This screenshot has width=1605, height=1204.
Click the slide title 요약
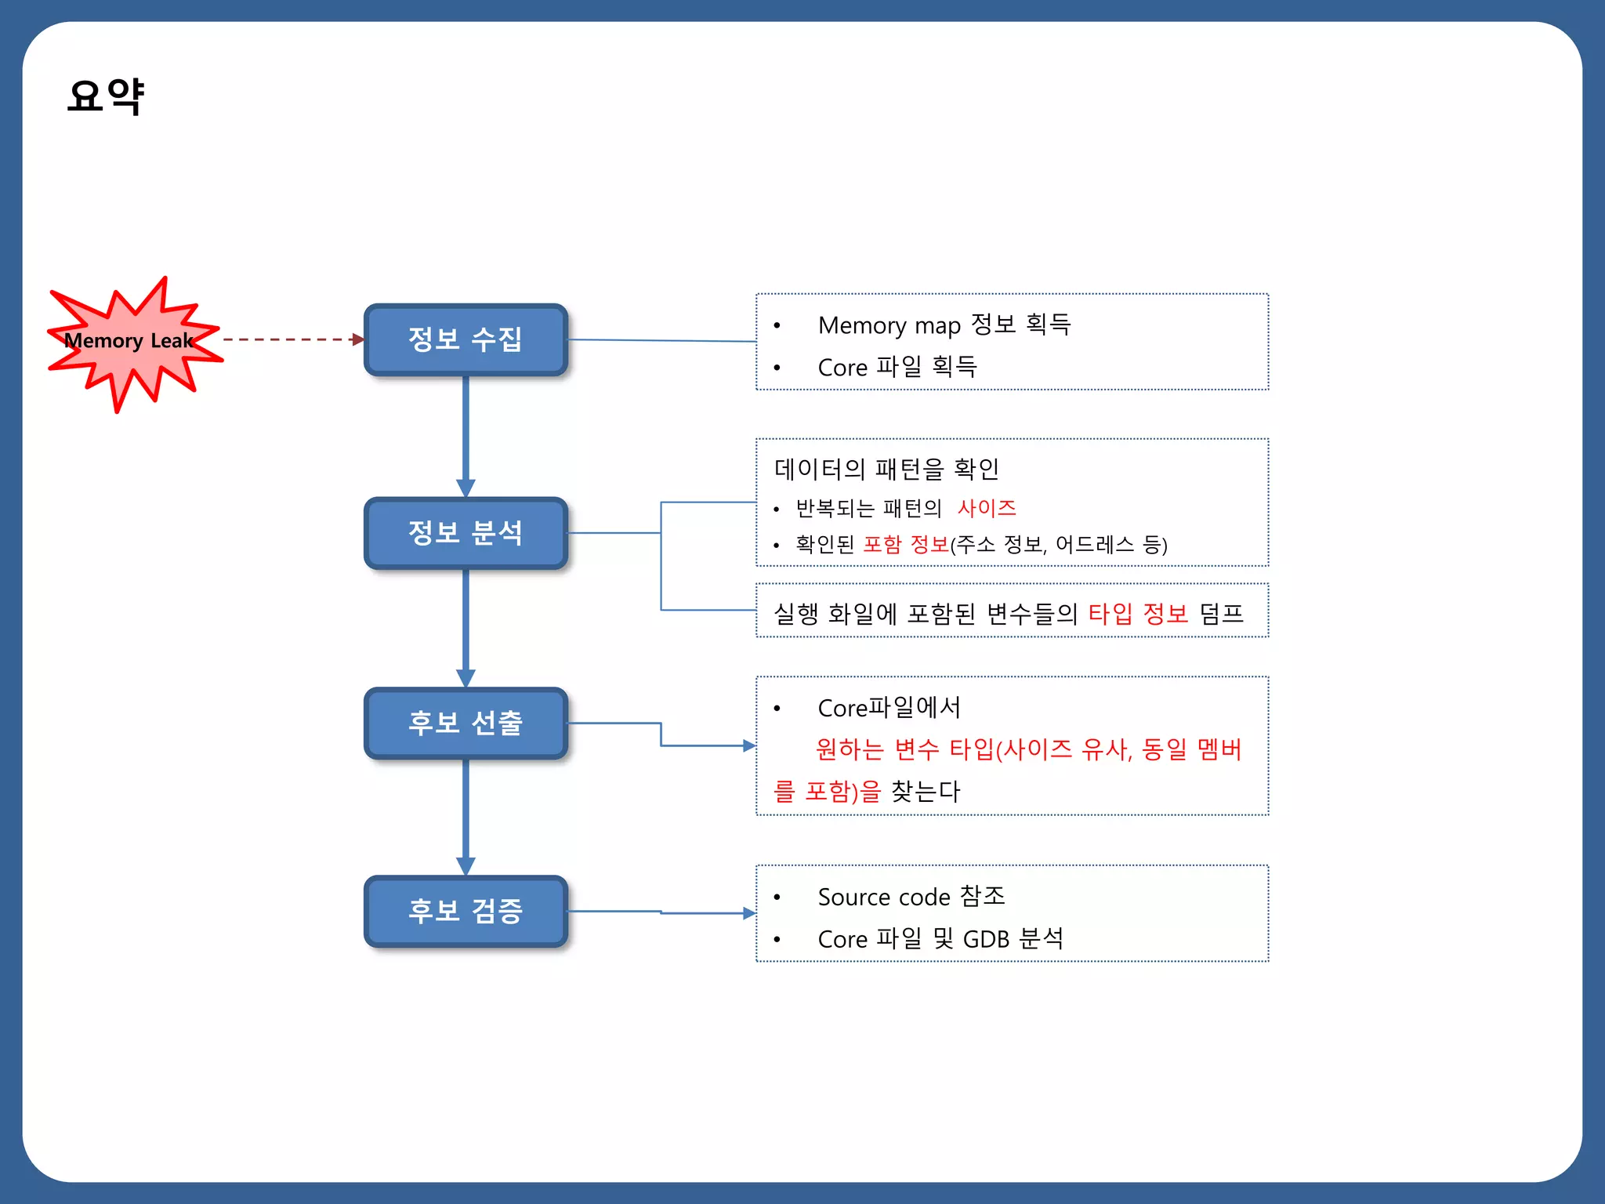click(106, 96)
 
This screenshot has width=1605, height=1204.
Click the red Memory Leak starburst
click(129, 342)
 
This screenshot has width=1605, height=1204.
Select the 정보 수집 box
click(466, 339)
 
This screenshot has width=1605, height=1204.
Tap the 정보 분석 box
click(466, 533)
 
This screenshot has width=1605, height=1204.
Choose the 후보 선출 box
click(466, 723)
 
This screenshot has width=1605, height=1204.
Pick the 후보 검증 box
click(466, 911)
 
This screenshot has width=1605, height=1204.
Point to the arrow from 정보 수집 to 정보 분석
click(466, 435)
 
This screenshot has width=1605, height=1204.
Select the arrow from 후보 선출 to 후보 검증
click(466, 815)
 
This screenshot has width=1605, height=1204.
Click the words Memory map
click(889, 325)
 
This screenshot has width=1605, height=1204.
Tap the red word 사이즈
click(986, 508)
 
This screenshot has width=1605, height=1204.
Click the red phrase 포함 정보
click(906, 544)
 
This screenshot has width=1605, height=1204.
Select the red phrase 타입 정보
click(1138, 613)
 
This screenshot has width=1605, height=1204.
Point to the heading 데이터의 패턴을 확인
click(886, 469)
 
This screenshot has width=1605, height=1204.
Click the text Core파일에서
click(889, 708)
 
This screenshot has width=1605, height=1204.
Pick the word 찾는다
click(926, 791)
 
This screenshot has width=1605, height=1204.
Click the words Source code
click(884, 897)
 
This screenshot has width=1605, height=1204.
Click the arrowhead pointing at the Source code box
click(749, 913)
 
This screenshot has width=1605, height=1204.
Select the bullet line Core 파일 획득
click(897, 367)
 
